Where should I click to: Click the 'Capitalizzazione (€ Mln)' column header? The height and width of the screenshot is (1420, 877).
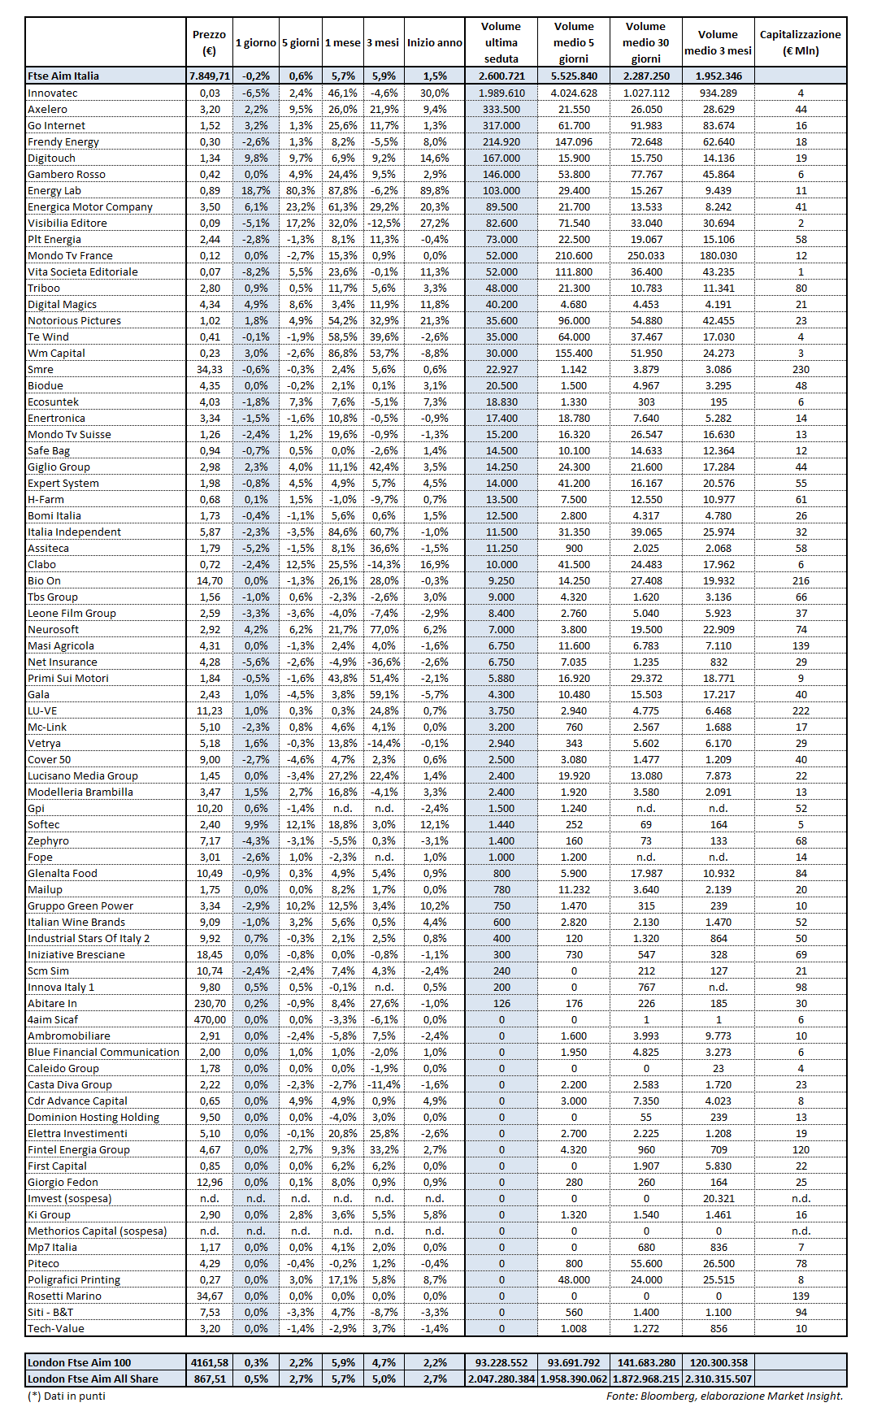(800, 42)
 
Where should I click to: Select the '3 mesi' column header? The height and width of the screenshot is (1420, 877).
(384, 43)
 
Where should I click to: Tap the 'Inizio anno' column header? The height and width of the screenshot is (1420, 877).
(435, 43)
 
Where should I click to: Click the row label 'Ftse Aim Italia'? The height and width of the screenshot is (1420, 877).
(63, 76)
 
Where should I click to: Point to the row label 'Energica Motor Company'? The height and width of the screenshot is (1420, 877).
(90, 207)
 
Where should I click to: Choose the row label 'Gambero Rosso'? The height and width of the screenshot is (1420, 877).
(67, 175)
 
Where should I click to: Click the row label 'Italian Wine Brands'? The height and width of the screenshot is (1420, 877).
(76, 923)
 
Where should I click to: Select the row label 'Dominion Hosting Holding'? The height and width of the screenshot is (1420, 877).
(93, 1118)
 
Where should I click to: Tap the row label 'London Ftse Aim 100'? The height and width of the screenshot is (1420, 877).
(79, 1363)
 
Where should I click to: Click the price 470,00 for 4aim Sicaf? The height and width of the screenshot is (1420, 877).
(210, 1020)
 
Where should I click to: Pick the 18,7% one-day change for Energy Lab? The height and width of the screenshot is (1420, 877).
(256, 191)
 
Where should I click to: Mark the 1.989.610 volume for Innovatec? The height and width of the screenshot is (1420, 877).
(501, 93)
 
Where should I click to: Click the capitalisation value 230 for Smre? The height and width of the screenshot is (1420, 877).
(801, 370)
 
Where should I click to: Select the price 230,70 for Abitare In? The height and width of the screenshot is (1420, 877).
(210, 1004)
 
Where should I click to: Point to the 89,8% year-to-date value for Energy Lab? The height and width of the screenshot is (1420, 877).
(435, 191)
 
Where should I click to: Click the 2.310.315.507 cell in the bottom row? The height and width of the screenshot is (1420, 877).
(718, 1379)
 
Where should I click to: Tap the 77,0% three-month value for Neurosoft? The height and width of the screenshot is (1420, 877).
(384, 630)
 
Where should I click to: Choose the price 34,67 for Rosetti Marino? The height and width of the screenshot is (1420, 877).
(210, 1296)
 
